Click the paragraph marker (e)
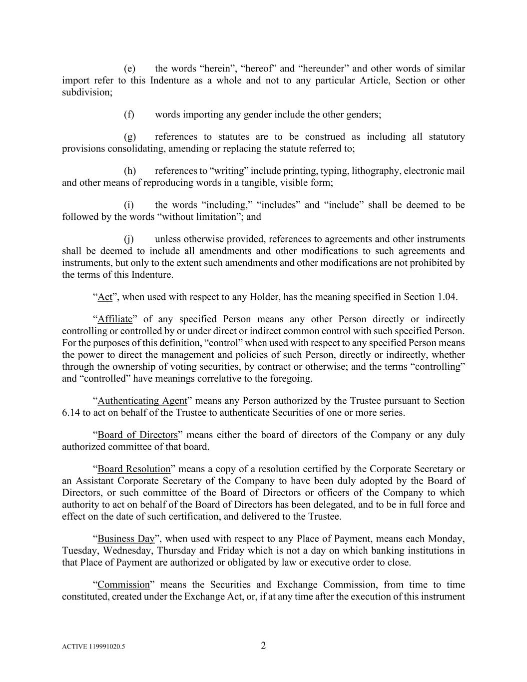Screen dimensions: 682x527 (x=129, y=69)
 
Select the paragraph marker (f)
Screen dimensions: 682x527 (x=129, y=115)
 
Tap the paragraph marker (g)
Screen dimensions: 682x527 (x=129, y=137)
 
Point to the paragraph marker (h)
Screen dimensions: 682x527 (x=129, y=171)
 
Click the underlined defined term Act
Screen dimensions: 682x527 (x=105, y=297)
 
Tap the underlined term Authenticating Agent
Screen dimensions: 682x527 (x=142, y=401)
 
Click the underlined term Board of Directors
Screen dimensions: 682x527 (x=137, y=435)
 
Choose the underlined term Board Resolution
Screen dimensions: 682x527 (x=134, y=469)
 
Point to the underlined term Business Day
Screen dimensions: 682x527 (x=126, y=539)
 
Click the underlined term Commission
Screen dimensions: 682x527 (x=123, y=585)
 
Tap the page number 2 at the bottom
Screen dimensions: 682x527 (x=263, y=646)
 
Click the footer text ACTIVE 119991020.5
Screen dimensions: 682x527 (x=93, y=647)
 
